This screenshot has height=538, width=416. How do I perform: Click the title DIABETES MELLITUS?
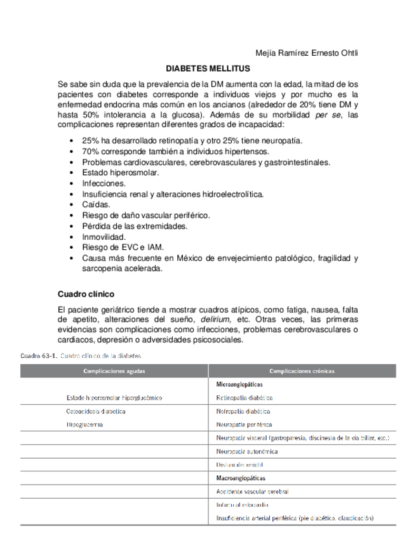(208, 68)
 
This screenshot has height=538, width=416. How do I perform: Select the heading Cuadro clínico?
(86, 294)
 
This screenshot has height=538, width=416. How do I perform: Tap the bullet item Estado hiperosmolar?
(121, 173)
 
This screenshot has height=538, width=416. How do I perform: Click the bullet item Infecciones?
(104, 183)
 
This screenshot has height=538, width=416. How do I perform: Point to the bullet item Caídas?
(96, 204)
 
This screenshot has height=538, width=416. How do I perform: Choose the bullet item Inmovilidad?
(104, 237)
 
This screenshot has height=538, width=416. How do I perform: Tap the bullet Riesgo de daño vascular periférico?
(146, 215)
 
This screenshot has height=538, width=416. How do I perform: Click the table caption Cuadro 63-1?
(38, 356)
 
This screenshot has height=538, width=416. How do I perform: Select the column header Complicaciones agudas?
(114, 371)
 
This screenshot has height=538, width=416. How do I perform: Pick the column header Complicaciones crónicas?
(302, 371)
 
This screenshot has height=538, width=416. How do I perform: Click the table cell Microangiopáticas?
(239, 384)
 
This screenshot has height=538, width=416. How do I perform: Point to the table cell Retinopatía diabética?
(245, 398)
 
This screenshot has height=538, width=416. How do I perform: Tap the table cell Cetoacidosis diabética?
(96, 411)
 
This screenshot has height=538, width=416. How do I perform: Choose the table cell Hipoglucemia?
(84, 424)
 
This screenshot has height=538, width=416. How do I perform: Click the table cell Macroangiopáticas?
(241, 478)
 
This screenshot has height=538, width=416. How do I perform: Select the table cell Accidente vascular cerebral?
(252, 492)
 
